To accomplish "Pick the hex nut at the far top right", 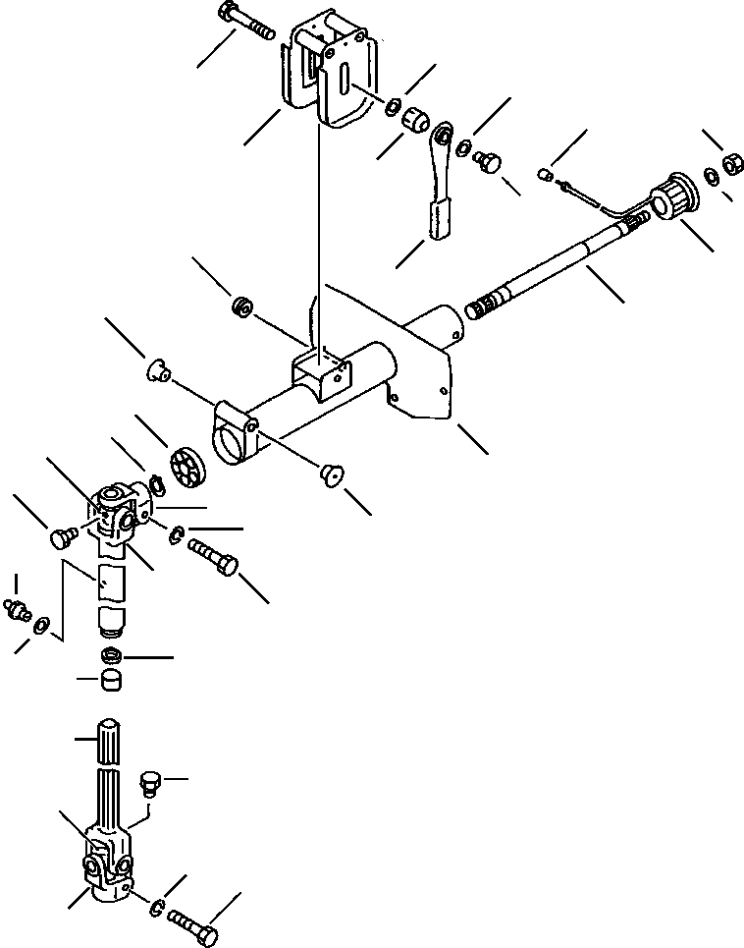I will (x=731, y=165).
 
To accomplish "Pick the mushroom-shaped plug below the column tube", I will (x=331, y=476).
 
